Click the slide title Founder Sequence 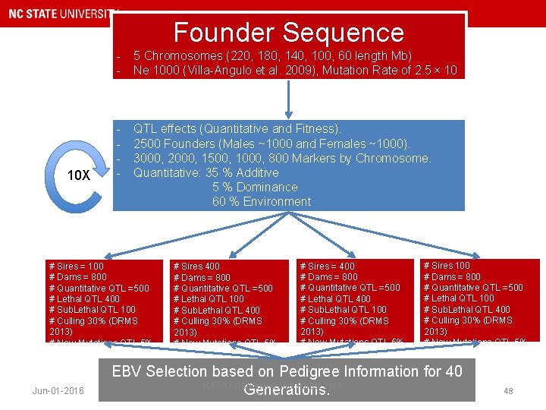(x=288, y=33)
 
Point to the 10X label (x=78, y=175)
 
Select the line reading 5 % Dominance (x=255, y=187)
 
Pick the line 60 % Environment (x=261, y=201)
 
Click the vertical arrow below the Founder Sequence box (x=289, y=97)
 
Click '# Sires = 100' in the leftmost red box (x=76, y=266)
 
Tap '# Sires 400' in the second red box (x=196, y=266)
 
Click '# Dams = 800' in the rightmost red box (x=451, y=276)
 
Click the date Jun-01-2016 (x=58, y=391)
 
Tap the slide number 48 (x=507, y=391)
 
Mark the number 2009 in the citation (x=321, y=70)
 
